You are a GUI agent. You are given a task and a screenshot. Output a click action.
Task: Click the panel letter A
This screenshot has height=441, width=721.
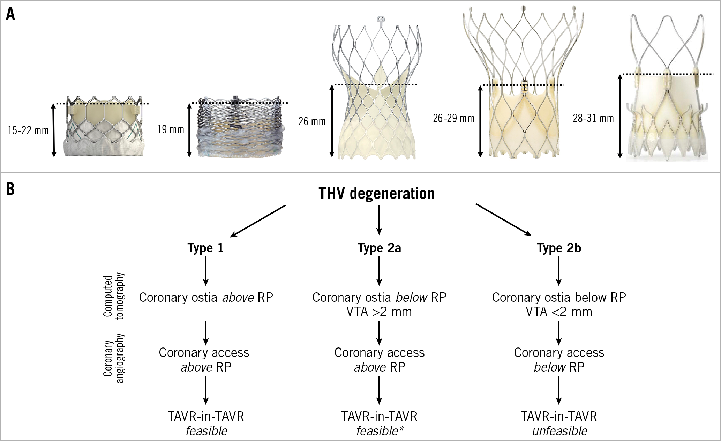tap(10, 15)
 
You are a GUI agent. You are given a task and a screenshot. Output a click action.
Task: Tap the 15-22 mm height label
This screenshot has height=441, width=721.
tap(28, 130)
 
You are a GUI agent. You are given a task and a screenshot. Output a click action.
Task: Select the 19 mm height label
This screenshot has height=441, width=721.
tap(171, 129)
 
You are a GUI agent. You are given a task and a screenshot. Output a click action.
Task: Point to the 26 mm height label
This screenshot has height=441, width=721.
tap(312, 121)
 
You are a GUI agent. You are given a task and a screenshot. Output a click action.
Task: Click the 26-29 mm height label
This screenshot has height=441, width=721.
tap(453, 118)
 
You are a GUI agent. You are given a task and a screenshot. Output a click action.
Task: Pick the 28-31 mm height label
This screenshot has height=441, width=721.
tap(593, 118)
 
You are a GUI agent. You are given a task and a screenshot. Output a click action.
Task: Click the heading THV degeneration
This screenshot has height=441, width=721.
tap(376, 193)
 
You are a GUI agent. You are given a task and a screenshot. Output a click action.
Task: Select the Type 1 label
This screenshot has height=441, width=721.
tap(205, 248)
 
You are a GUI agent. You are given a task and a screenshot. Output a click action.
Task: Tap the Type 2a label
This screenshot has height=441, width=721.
tap(379, 248)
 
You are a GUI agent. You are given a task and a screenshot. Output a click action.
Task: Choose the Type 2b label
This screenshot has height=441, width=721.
tap(559, 248)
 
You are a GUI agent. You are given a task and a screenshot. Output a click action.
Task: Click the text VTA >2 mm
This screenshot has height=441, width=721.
tap(379, 312)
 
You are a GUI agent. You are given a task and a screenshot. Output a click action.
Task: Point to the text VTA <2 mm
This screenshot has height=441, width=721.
tap(559, 312)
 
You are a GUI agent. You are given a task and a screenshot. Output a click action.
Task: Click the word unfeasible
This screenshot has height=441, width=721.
tap(559, 431)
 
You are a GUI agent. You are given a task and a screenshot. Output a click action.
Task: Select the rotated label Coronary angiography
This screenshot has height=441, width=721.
tap(113, 358)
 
